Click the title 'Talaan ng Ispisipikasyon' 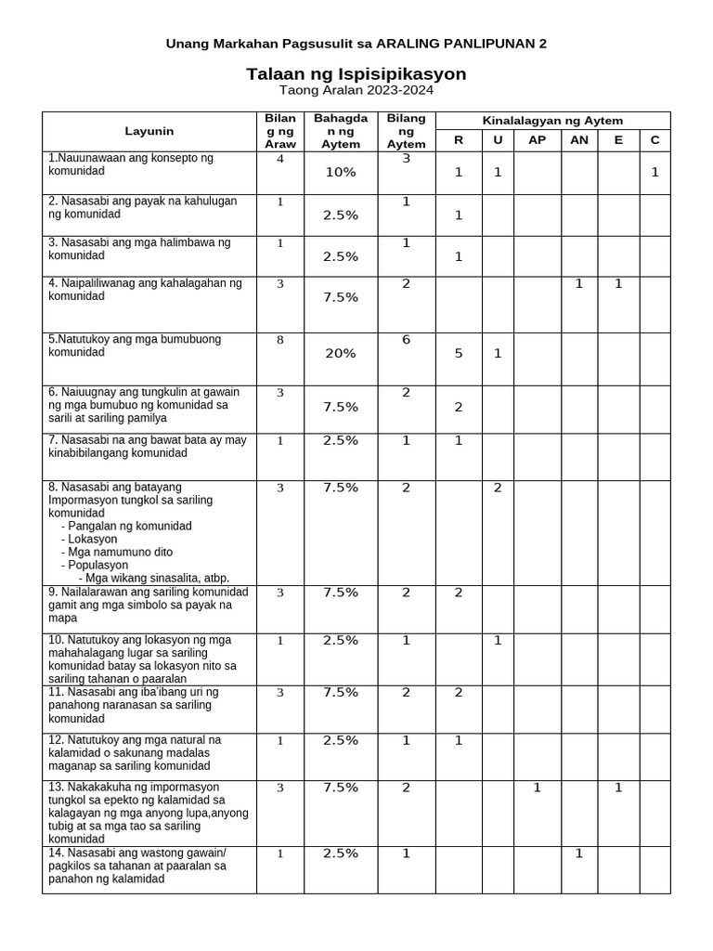(356, 73)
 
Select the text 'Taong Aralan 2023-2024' (356, 91)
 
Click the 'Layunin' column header (149, 132)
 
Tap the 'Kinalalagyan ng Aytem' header (552, 121)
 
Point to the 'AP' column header (537, 140)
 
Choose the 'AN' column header (578, 140)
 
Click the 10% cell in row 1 (340, 173)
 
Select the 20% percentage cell (340, 354)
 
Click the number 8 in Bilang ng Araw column (279, 341)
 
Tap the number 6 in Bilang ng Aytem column (406, 340)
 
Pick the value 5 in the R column (458, 353)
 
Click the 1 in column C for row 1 (655, 173)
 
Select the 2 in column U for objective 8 (498, 489)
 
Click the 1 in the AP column (537, 788)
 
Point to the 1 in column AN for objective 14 (578, 853)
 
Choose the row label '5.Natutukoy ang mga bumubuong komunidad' (135, 345)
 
